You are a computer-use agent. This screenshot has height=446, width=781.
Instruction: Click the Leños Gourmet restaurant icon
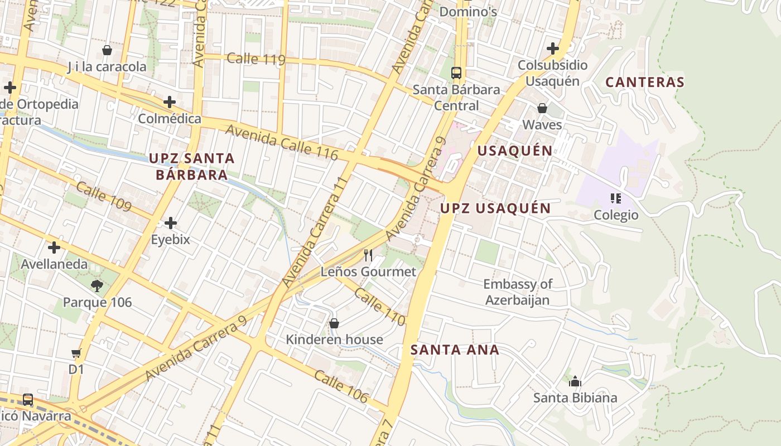coord(368,255)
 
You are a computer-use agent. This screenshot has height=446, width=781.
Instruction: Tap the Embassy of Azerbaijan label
coord(517,292)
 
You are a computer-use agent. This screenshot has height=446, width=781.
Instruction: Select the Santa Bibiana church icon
coord(575,381)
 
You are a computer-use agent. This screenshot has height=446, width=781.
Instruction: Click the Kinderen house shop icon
coord(334,323)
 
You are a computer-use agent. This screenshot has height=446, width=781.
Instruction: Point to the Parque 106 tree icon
coord(97,287)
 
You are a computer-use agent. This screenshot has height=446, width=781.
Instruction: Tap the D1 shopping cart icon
coord(76,353)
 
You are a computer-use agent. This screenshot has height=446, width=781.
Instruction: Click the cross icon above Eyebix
coord(171,224)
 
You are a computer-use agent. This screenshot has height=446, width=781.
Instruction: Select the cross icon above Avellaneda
coord(54,248)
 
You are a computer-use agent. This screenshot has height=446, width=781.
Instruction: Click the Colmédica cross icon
coord(170,102)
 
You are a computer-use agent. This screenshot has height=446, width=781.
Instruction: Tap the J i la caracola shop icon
coord(107,51)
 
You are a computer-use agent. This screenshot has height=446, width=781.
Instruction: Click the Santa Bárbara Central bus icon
coord(456,72)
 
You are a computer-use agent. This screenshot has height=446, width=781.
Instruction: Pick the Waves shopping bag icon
coord(542,108)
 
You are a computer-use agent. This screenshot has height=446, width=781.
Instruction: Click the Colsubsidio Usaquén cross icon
coord(553,49)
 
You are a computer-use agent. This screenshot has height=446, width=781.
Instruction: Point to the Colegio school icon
coord(616,198)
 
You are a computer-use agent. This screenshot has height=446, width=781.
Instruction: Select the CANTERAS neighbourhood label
coord(644,82)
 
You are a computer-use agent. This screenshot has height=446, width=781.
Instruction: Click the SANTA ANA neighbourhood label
coord(455,350)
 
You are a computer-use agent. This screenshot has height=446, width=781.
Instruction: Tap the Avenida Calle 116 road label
coord(282,143)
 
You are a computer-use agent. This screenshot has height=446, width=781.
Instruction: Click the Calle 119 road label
coord(257,59)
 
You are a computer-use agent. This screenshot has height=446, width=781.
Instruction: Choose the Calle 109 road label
coord(104,197)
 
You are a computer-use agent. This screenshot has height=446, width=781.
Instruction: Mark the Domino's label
coord(468,12)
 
